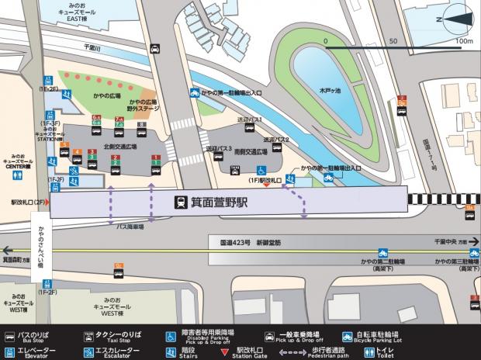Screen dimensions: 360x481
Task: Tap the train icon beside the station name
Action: point(180,204)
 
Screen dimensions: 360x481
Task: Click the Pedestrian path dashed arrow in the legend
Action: point(296,351)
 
